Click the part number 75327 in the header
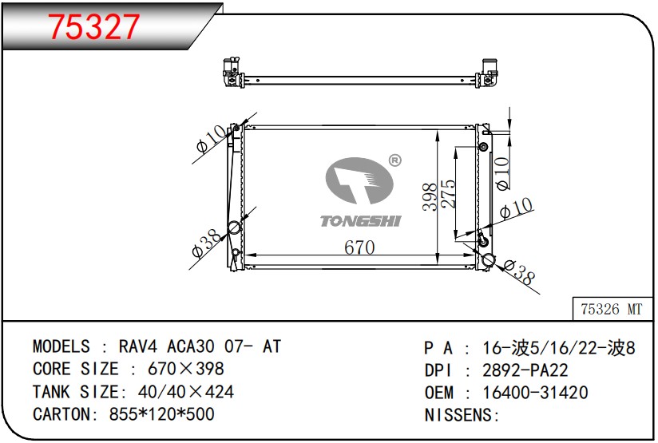pyautogui.click(x=95, y=28)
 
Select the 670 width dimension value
pyautogui.click(x=359, y=247)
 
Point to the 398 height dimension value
pyautogui.click(x=430, y=196)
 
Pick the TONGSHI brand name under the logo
pyautogui.click(x=360, y=221)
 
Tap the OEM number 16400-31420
pyautogui.click(x=535, y=392)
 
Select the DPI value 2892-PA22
pyautogui.click(x=525, y=370)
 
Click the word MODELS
pyautogui.click(x=61, y=346)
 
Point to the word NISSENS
pyautogui.click(x=459, y=415)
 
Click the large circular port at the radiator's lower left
pyautogui.click(x=235, y=227)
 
